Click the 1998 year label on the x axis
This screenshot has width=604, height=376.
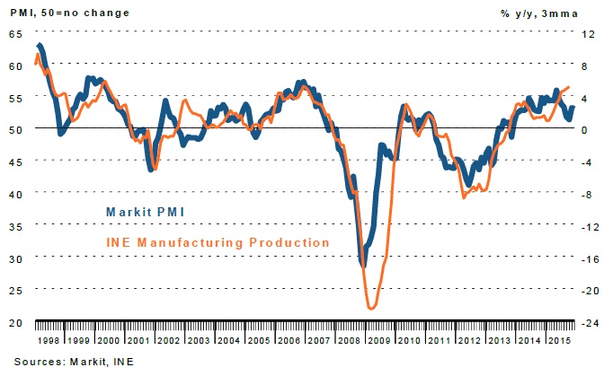pos(50,343)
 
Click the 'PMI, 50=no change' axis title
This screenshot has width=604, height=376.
pos(58,11)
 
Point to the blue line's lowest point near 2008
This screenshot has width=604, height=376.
pos(363,266)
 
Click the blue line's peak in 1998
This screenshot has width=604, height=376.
pos(40,45)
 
